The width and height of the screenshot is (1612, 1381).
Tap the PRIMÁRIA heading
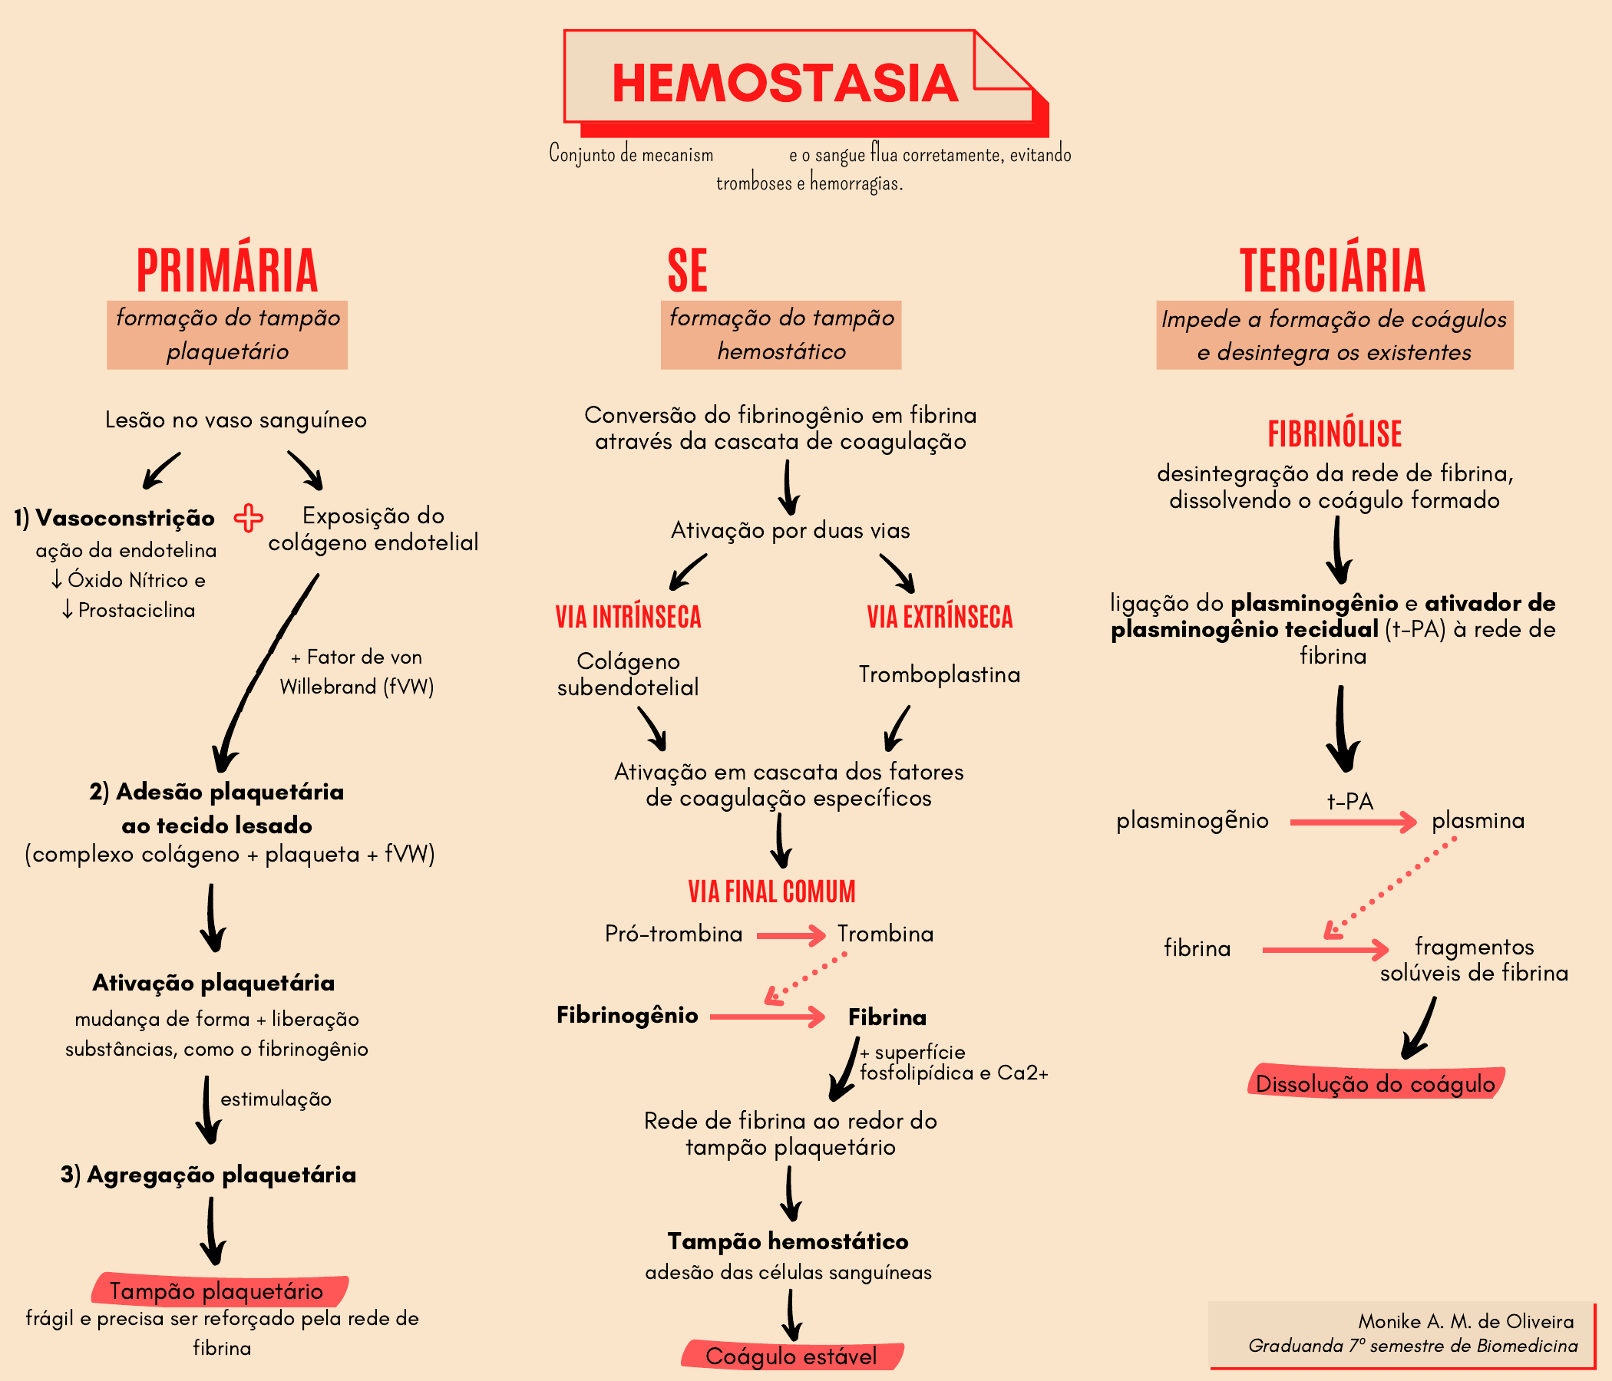click(x=227, y=271)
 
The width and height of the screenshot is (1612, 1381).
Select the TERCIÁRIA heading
click(x=1332, y=271)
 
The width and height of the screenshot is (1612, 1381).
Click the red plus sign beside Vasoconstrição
click(x=248, y=518)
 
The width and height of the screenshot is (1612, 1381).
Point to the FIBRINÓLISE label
click(x=1334, y=434)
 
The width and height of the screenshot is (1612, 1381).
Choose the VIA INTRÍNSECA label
click(x=628, y=617)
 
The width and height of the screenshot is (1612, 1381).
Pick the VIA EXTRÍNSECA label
click(x=940, y=617)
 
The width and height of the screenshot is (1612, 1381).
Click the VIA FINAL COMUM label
click(x=771, y=891)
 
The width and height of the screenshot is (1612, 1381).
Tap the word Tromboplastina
click(x=939, y=674)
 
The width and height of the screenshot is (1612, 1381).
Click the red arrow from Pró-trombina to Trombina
click(x=791, y=935)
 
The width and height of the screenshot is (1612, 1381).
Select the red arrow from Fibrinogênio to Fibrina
click(x=767, y=1017)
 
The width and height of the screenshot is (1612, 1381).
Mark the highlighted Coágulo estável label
click(x=791, y=1356)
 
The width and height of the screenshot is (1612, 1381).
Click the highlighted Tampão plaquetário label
click(x=216, y=1290)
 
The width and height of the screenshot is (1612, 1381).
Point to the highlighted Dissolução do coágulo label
click(x=1375, y=1084)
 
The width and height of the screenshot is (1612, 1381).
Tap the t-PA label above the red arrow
click(x=1349, y=801)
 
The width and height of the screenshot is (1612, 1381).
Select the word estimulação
click(x=276, y=1099)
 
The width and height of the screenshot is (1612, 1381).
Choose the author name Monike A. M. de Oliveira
click(x=1465, y=1321)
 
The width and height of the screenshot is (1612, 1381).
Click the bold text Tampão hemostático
click(x=788, y=1241)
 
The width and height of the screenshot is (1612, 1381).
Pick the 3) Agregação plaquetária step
click(x=209, y=1174)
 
